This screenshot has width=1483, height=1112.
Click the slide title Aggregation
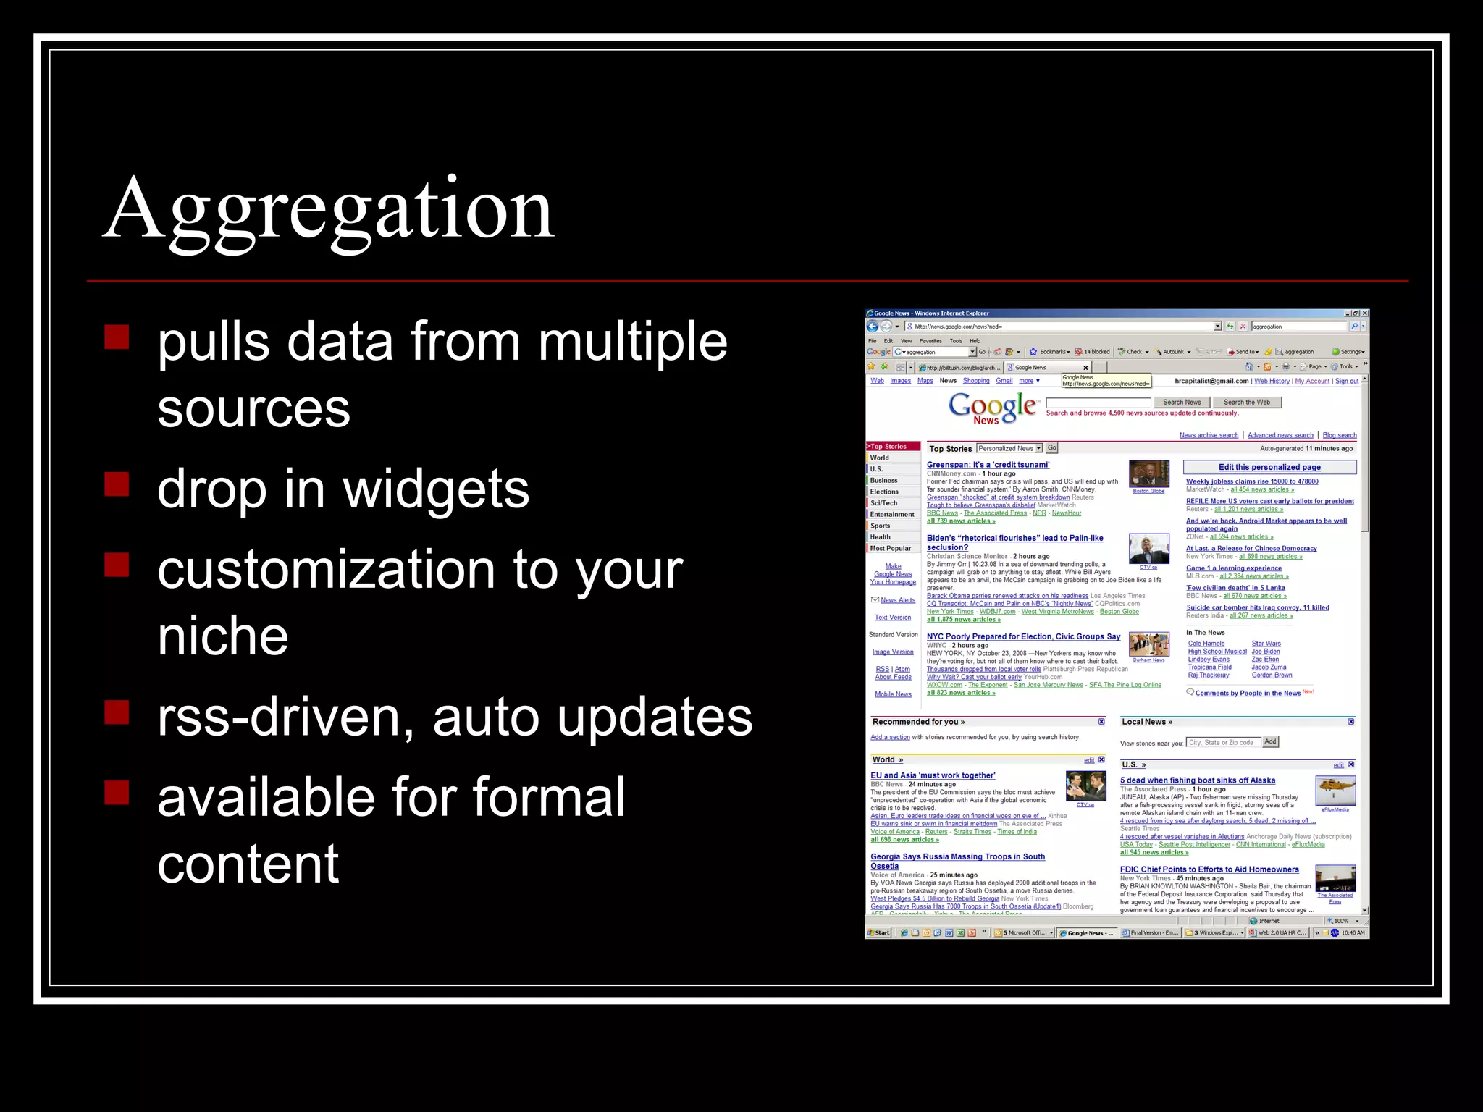[x=329, y=210]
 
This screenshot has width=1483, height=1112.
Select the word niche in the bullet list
[x=223, y=636]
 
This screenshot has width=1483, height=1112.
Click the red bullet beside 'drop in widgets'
[x=117, y=484]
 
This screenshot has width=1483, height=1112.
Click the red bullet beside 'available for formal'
[x=117, y=792]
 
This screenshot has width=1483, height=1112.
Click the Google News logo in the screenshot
[x=992, y=408]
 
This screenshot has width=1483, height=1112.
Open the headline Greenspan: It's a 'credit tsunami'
[x=988, y=465]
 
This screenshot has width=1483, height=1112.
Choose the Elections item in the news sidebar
[x=884, y=492]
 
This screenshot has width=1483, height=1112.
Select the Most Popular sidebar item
[x=891, y=548]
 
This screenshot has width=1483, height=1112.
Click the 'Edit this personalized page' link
[x=1269, y=467]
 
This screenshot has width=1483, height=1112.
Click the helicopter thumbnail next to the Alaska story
[x=1335, y=790]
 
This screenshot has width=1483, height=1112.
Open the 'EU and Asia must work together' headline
[x=933, y=775]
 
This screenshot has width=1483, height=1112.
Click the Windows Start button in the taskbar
[x=879, y=932]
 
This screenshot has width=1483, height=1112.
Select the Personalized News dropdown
[x=1009, y=449]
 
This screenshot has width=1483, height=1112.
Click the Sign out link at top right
[x=1347, y=381]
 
